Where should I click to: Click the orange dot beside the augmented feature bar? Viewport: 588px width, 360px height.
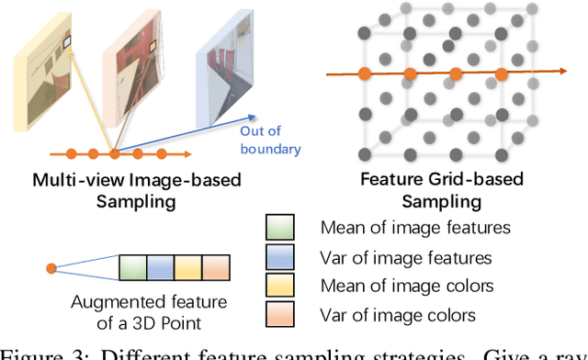point(51,269)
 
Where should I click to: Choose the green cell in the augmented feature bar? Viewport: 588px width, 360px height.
point(133,269)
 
